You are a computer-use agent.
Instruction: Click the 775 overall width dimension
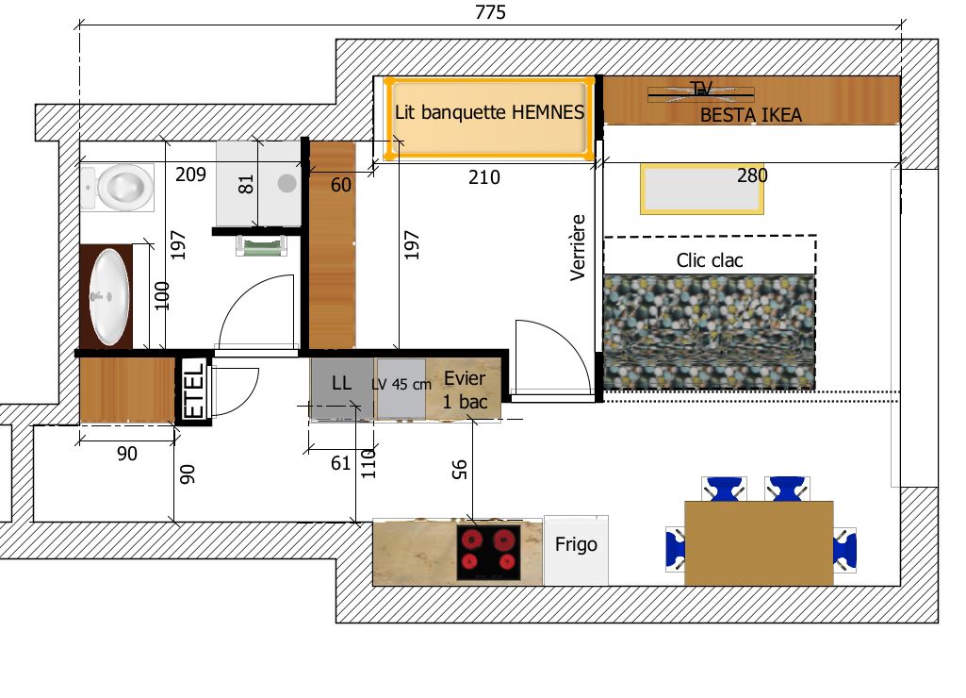click(490, 12)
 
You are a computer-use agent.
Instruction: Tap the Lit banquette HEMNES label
click(489, 112)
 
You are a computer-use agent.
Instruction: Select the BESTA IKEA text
click(750, 115)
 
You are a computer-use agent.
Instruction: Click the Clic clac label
click(709, 260)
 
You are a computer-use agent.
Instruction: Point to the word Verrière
click(578, 248)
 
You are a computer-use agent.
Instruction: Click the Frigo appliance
click(576, 551)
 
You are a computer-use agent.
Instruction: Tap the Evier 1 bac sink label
click(465, 390)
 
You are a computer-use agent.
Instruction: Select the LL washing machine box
click(342, 389)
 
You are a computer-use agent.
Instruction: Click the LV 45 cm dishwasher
click(401, 389)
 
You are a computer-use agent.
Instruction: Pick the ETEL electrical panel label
click(194, 390)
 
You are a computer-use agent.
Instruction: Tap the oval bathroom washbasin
click(109, 296)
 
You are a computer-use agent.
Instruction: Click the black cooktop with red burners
click(488, 553)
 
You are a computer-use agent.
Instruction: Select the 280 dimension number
click(752, 175)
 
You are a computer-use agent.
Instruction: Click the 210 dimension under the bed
click(484, 177)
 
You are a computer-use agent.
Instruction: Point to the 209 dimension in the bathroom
click(190, 174)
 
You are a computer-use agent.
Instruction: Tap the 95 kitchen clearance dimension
click(460, 469)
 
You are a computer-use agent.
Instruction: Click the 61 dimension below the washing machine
click(340, 463)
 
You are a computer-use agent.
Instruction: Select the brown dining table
click(759, 543)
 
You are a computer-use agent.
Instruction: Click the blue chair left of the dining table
click(675, 549)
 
